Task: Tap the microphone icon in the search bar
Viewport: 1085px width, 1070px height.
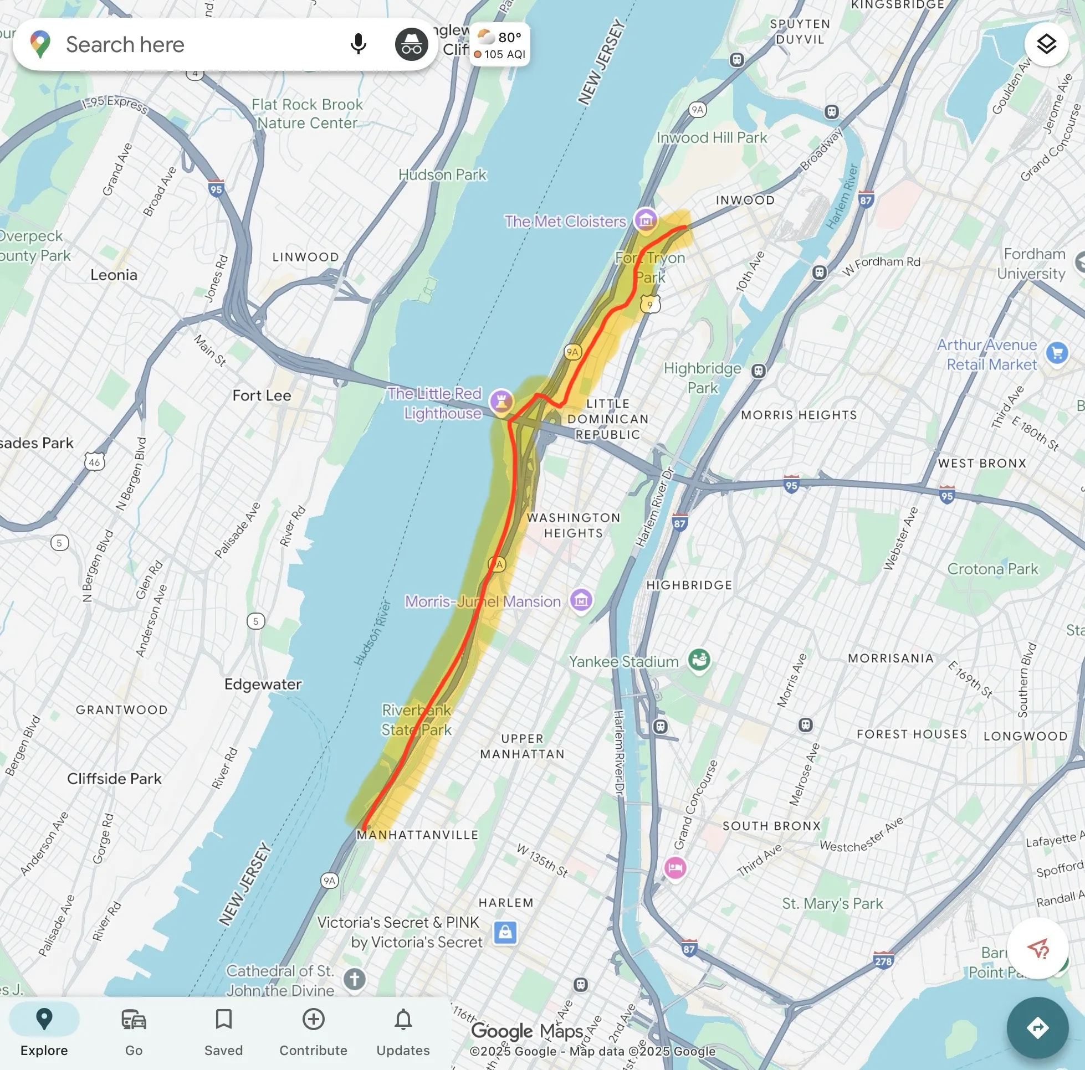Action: click(x=358, y=44)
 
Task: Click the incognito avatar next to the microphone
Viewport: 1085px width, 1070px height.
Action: click(x=411, y=44)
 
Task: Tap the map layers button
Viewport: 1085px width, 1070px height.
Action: click(x=1046, y=44)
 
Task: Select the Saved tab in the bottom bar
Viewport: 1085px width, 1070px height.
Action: click(x=223, y=1032)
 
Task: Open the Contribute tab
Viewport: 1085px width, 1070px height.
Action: click(x=314, y=1032)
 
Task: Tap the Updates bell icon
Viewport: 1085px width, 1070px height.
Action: click(x=403, y=1032)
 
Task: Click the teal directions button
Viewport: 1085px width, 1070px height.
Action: click(x=1037, y=1027)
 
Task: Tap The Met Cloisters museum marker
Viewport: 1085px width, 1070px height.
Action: click(x=646, y=219)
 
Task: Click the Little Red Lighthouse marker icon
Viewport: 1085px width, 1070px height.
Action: click(x=501, y=402)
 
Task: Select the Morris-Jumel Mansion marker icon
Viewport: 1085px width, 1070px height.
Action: click(x=581, y=600)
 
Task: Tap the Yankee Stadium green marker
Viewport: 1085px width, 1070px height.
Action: click(x=699, y=660)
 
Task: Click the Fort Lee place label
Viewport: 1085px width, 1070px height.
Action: click(x=262, y=395)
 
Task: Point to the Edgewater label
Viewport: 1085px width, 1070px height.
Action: click(x=263, y=684)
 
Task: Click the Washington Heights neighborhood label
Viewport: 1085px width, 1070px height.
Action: click(x=574, y=525)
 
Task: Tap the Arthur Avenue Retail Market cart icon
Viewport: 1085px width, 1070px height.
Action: click(x=1057, y=353)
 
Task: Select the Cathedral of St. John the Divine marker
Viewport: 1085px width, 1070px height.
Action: click(x=354, y=980)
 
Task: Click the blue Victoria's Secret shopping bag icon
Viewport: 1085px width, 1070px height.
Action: click(x=505, y=933)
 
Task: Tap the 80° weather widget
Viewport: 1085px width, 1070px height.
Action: click(x=499, y=45)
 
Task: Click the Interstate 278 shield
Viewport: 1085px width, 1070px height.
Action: click(x=883, y=960)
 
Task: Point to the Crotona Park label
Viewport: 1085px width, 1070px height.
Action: click(x=992, y=569)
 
